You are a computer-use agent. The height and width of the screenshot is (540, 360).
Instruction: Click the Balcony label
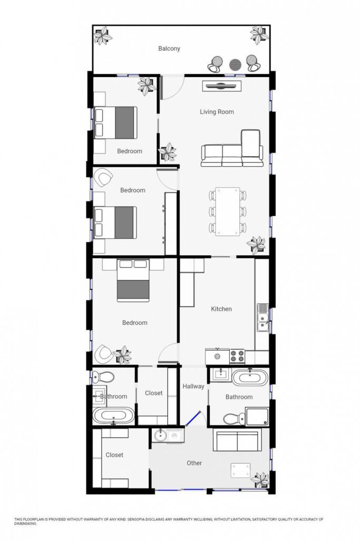169,49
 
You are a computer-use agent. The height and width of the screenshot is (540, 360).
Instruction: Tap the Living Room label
217,112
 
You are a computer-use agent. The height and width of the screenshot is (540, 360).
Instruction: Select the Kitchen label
221,309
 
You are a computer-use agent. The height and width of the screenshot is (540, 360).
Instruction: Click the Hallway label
193,387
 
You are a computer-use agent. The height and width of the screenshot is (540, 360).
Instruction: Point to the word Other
194,463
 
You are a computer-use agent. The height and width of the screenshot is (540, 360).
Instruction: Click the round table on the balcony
236,64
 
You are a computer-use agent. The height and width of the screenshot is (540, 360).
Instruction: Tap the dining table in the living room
228,211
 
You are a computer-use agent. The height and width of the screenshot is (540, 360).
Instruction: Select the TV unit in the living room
222,86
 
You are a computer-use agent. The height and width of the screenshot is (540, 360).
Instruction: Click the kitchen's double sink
263,317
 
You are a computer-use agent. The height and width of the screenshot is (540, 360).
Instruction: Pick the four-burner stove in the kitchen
237,356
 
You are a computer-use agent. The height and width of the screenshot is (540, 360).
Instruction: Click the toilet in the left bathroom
103,377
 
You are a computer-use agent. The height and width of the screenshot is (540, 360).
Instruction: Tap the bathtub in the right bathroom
250,378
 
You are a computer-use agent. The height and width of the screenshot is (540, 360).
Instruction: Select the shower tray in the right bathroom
257,417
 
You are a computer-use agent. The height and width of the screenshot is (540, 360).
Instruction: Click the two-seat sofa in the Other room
237,440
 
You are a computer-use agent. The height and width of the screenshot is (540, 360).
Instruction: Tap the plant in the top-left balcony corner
103,35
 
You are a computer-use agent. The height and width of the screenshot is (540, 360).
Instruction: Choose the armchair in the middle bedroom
103,178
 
